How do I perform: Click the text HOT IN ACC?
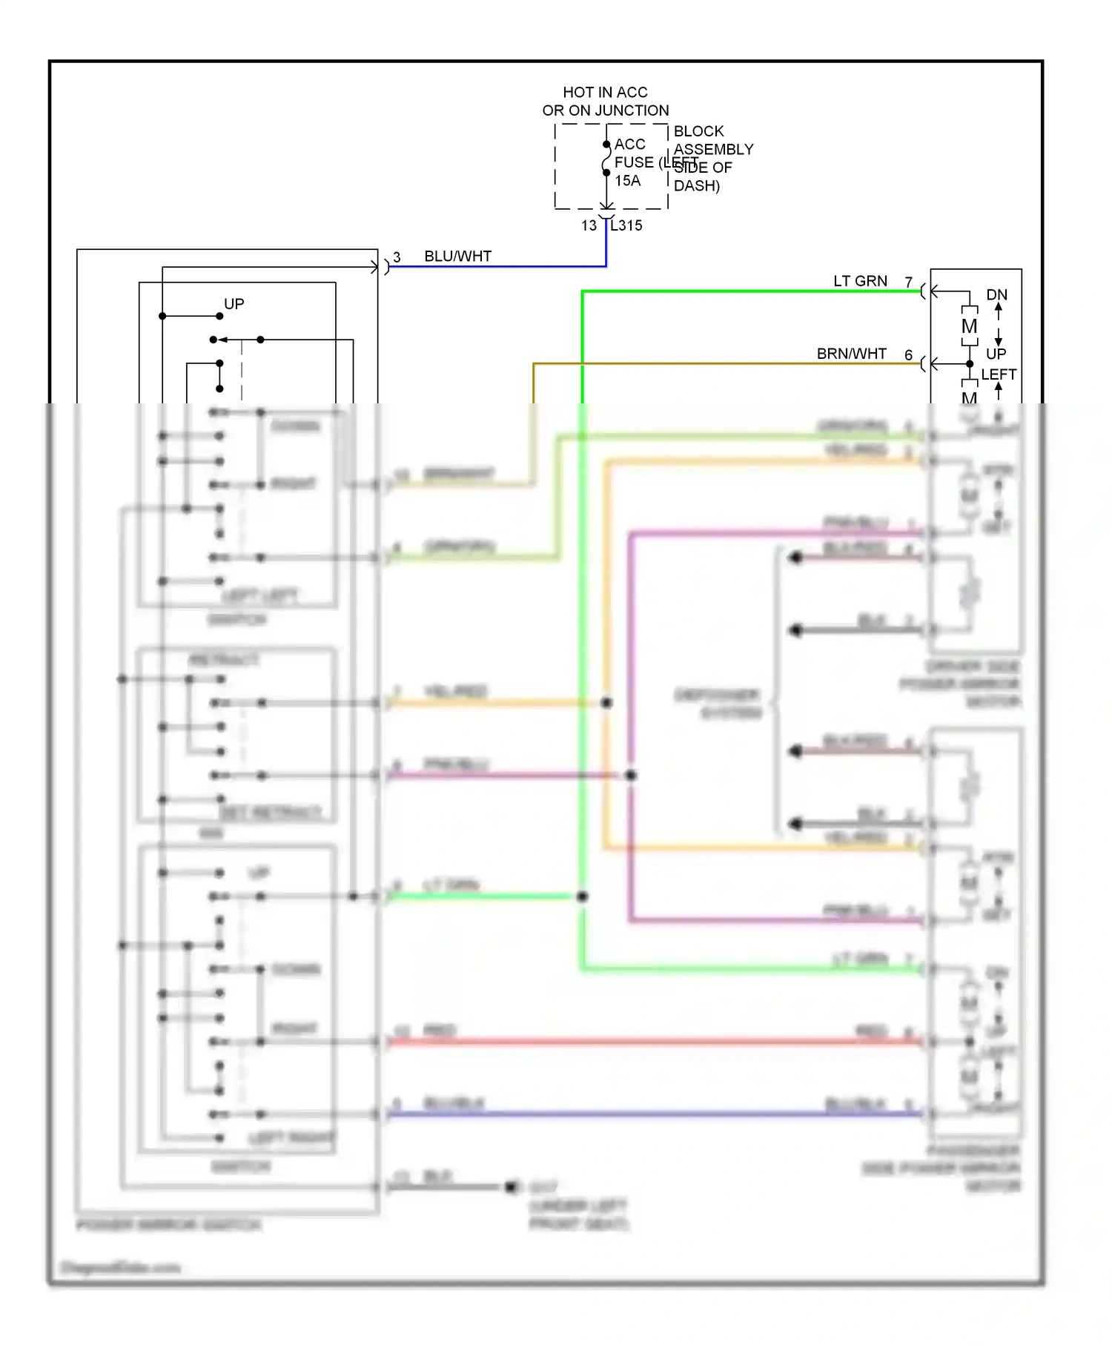click(x=605, y=92)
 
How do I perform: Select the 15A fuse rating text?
click(x=627, y=180)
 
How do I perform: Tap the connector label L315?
click(x=626, y=225)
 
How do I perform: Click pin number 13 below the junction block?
click(x=589, y=225)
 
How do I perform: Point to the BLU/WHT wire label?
click(x=457, y=256)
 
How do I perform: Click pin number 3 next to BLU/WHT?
click(x=397, y=257)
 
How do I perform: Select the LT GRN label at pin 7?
click(x=860, y=281)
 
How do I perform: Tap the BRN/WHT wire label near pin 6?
click(x=851, y=354)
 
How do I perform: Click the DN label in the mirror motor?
click(x=996, y=294)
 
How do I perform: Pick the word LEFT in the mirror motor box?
click(x=999, y=374)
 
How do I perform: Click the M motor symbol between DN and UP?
click(x=969, y=326)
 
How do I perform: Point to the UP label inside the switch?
click(x=234, y=304)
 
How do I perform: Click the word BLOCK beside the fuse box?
click(x=698, y=131)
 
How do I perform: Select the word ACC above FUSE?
click(x=629, y=144)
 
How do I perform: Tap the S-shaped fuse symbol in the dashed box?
click(x=606, y=159)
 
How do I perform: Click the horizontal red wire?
click(x=652, y=1042)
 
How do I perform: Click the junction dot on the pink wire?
click(x=630, y=776)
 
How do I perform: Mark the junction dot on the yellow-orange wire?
click(x=606, y=702)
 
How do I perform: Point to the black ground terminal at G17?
click(x=511, y=1187)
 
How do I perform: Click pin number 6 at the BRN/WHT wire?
click(x=908, y=355)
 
